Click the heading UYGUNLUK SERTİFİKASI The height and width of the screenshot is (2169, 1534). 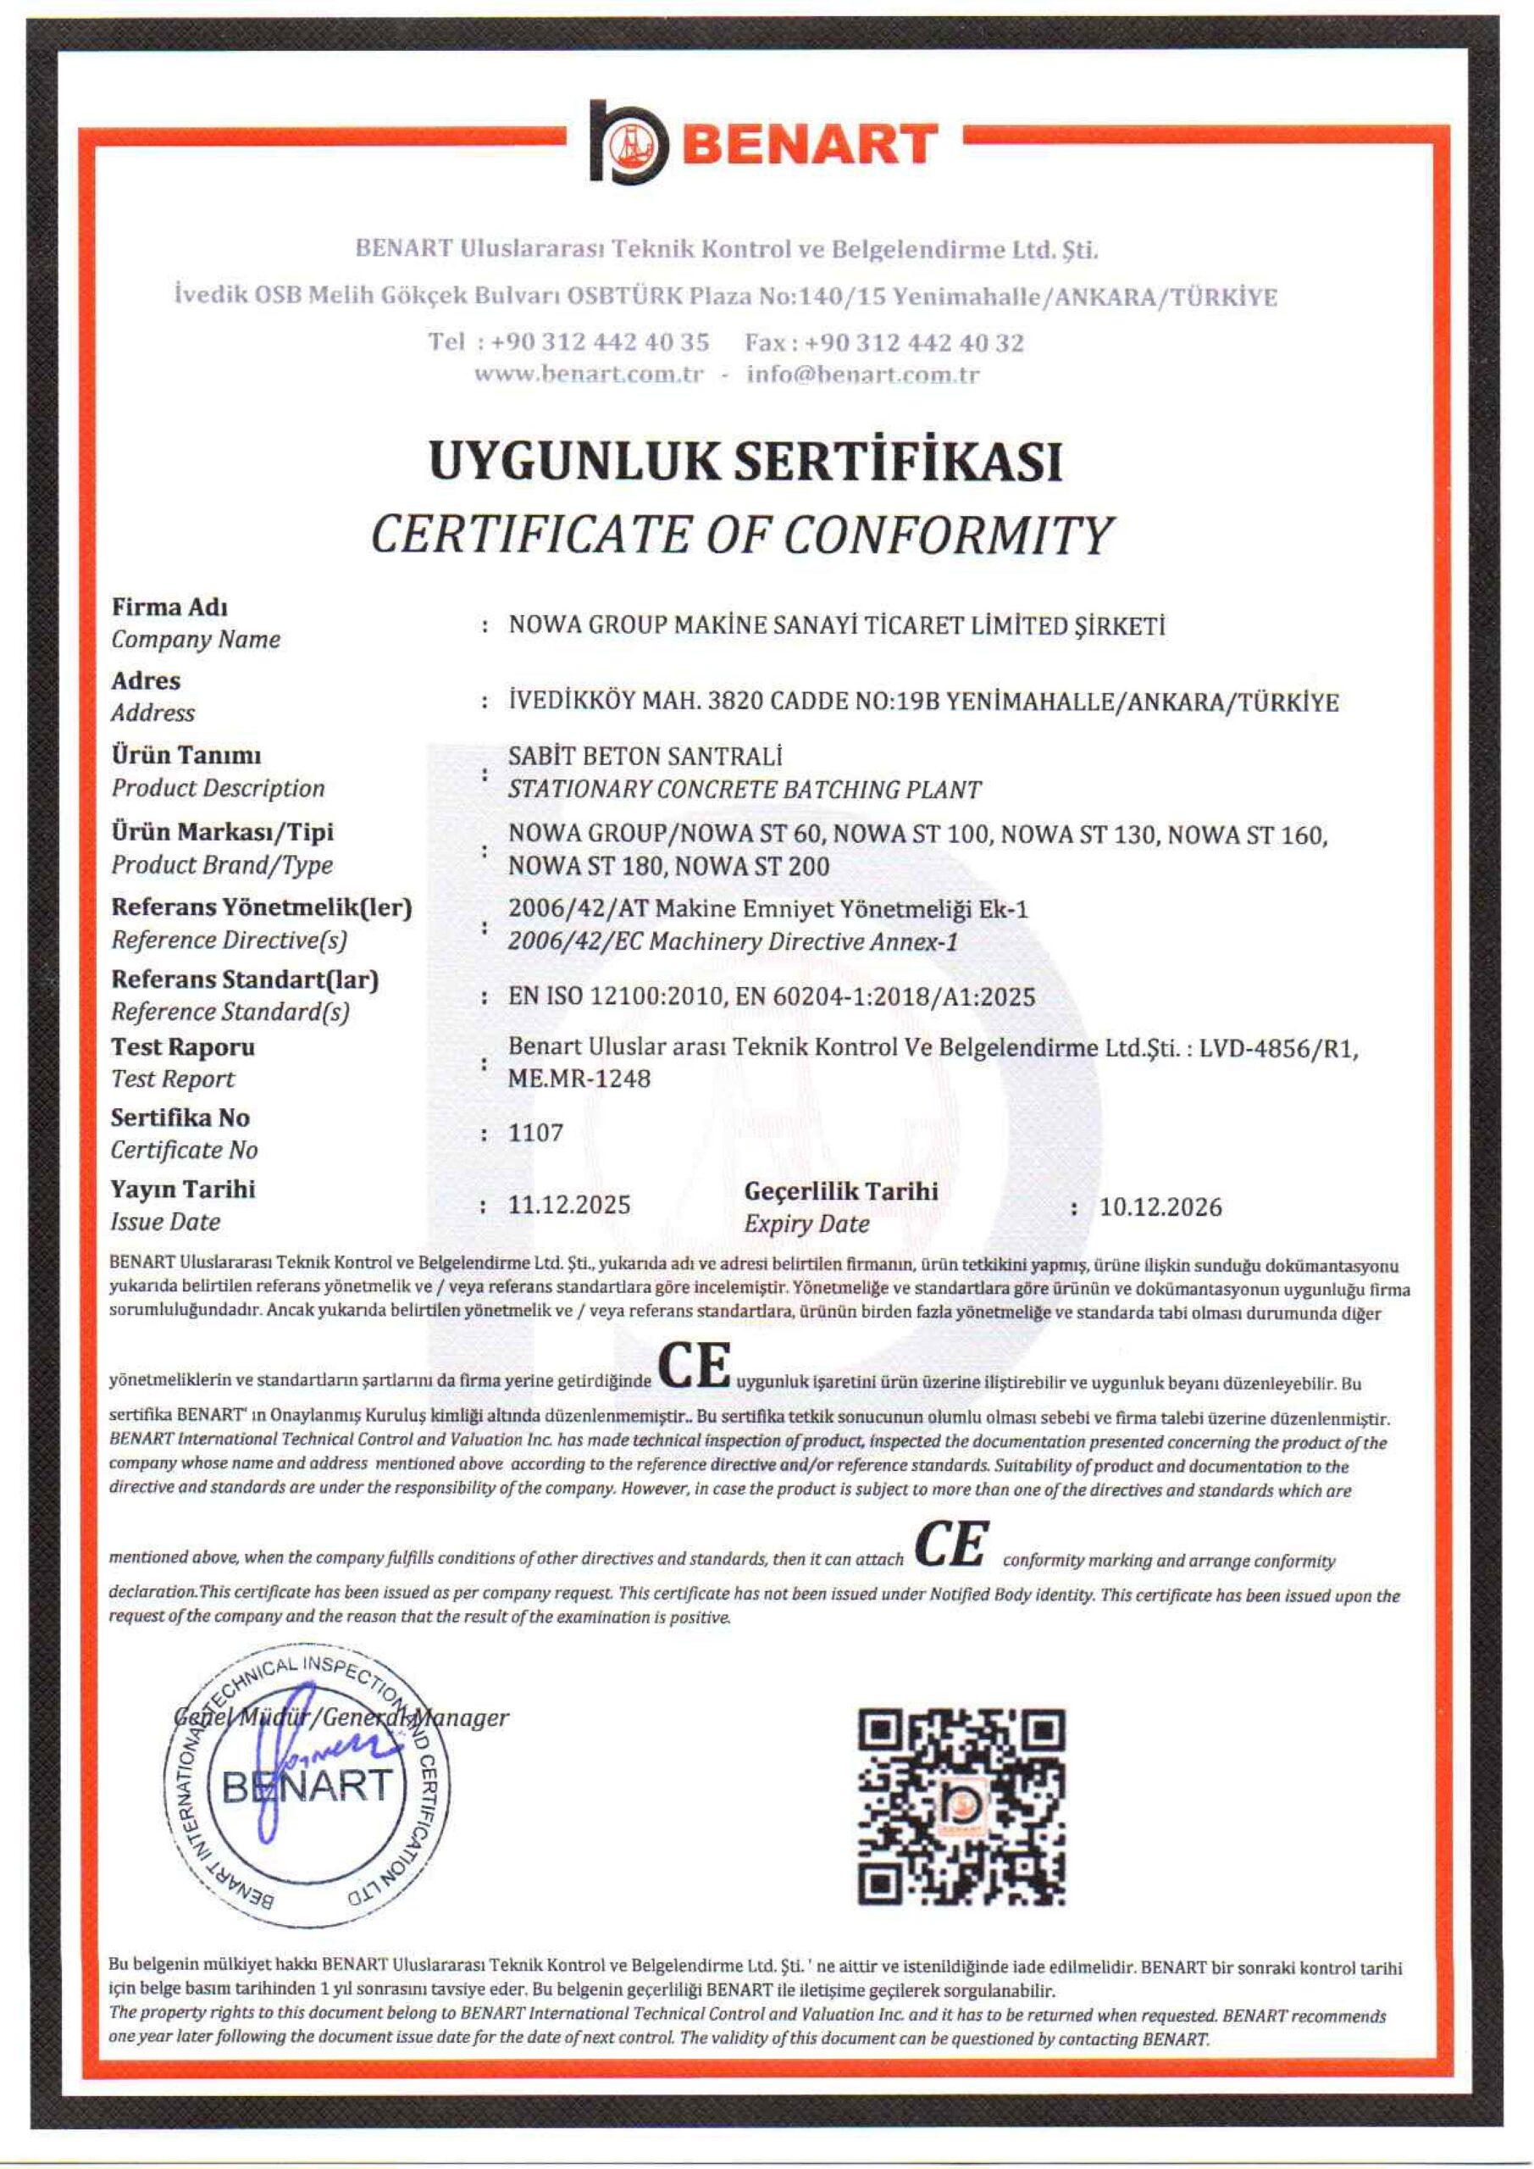pos(745,462)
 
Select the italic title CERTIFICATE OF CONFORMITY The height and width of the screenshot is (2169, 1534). pos(741,535)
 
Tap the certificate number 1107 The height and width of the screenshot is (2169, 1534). pos(535,1133)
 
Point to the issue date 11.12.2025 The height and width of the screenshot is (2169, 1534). pos(568,1206)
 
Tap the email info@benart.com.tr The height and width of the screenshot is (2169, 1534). pos(862,374)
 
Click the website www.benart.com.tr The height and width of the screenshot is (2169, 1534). pos(589,374)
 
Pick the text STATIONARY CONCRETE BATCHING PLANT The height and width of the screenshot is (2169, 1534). pos(745,789)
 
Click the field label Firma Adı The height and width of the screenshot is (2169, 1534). pos(169,607)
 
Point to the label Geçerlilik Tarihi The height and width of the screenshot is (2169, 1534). pos(840,1190)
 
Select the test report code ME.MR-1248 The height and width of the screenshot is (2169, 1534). pos(579,1078)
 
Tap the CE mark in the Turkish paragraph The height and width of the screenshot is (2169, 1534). pos(695,1365)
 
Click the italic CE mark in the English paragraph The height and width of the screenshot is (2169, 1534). pos(951,1543)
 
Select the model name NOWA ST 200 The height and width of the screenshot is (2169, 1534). pos(753,865)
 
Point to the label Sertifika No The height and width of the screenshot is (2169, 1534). pos(180,1118)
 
